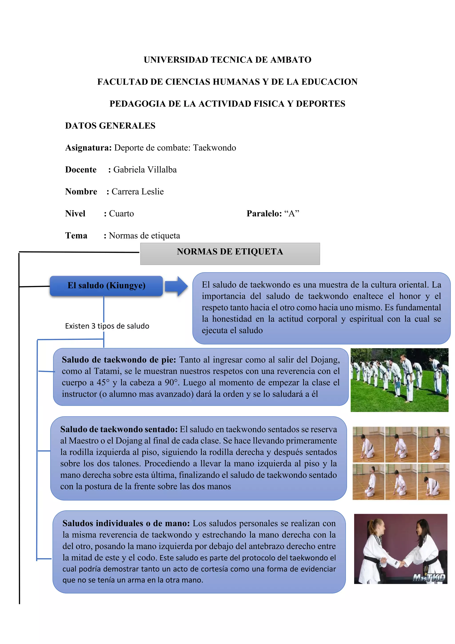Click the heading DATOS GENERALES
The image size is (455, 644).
(x=110, y=126)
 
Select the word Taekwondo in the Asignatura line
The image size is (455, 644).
(x=214, y=148)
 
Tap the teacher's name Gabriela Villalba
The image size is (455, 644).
(x=145, y=170)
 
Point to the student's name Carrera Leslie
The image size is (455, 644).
(x=138, y=191)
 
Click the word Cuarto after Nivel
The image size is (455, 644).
(x=121, y=214)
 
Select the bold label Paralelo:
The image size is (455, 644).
(x=264, y=214)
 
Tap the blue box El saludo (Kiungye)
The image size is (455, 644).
(x=106, y=286)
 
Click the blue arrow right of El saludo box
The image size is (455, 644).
(x=176, y=286)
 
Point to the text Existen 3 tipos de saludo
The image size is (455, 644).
(x=107, y=326)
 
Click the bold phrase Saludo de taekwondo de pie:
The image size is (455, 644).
(x=119, y=360)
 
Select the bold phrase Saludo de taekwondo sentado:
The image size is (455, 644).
(x=119, y=429)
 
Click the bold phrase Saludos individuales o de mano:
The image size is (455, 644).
(x=126, y=523)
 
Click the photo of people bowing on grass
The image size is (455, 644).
(x=399, y=380)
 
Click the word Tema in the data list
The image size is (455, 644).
(x=76, y=236)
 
